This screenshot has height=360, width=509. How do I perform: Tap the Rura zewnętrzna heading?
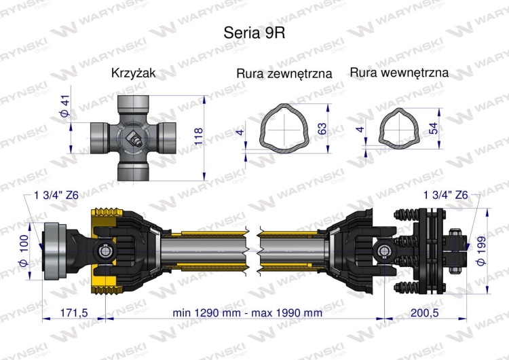[x=284, y=73]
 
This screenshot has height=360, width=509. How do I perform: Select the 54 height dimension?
[x=433, y=128]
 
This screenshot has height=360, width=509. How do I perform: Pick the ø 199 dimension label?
[x=483, y=252]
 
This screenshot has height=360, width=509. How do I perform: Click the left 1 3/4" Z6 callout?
[x=56, y=196]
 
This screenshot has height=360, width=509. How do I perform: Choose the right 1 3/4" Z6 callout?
[x=445, y=195]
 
